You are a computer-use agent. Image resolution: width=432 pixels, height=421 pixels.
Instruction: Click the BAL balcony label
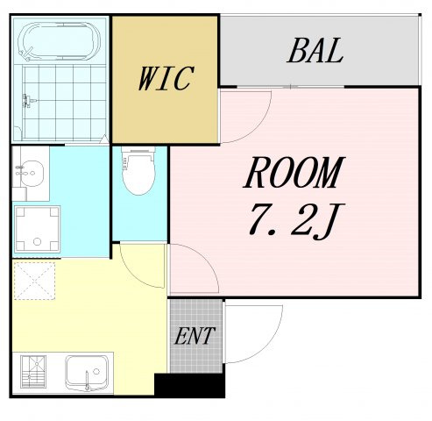pyautogui.click(x=315, y=51)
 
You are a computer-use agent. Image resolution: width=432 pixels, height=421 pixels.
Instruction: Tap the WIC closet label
pyautogui.click(x=166, y=78)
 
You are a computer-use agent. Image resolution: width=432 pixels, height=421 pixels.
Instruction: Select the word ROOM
pyautogui.click(x=294, y=173)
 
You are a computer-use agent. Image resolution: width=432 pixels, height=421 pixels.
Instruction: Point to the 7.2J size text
pyautogui.click(x=296, y=220)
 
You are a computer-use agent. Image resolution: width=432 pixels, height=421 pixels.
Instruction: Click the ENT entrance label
pyautogui.click(x=195, y=336)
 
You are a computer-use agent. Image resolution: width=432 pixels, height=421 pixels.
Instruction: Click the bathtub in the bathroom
pyautogui.click(x=59, y=41)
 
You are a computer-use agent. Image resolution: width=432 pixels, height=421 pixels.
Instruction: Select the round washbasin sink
pyautogui.click(x=32, y=174)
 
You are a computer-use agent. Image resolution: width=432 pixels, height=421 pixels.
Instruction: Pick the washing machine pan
pyautogui.click(x=37, y=230)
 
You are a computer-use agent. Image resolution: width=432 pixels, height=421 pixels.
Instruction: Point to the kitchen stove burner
pyautogui.click(x=33, y=372)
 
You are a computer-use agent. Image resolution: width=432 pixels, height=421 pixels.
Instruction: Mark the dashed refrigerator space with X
pyautogui.click(x=34, y=281)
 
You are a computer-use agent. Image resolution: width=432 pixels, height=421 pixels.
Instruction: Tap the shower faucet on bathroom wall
pyautogui.click(x=29, y=101)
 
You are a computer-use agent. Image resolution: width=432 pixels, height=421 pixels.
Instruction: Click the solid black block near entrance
pyautogui.click(x=189, y=385)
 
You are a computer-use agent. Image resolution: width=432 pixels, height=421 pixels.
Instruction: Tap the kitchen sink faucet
pyautogui.click(x=87, y=380)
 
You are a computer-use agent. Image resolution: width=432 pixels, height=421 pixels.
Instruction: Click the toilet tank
pyautogui.click(x=138, y=150)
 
